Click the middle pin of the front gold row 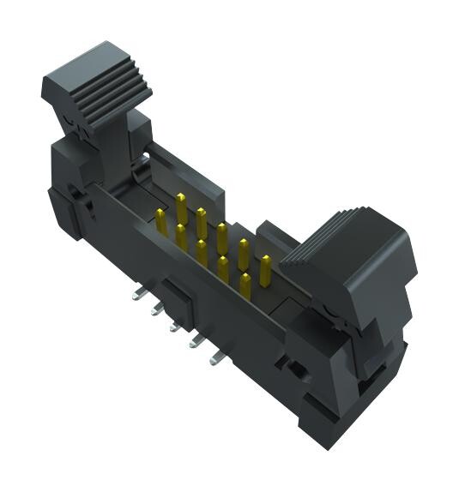click(x=202, y=253)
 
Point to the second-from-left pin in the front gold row click(x=181, y=237)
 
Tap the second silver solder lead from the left click(x=154, y=309)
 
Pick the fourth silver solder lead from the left click(x=194, y=342)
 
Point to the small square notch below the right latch click(x=294, y=369)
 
